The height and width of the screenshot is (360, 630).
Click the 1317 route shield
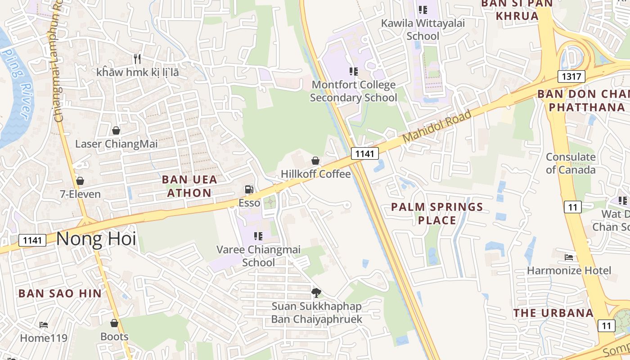point(571,76)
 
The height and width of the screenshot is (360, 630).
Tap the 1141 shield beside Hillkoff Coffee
point(364,154)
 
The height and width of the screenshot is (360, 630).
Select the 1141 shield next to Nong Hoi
point(32,240)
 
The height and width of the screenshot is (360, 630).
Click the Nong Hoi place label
point(96,238)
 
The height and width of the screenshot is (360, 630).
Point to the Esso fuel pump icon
point(249,190)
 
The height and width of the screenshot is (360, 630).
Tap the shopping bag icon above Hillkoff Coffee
point(315,161)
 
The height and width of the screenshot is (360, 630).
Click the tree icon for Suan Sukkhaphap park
point(316,293)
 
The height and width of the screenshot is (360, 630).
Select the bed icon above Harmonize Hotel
point(569,257)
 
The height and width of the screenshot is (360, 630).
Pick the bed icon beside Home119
point(44,324)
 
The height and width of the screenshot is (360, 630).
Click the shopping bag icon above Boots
point(114,324)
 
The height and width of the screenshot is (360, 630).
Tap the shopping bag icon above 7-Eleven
point(80,181)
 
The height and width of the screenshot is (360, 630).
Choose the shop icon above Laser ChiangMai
point(116,130)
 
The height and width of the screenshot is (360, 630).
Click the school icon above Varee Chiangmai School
point(258,236)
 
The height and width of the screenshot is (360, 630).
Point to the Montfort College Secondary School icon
point(354,71)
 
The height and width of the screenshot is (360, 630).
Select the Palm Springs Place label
point(437,213)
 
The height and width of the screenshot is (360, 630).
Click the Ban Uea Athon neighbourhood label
point(189,186)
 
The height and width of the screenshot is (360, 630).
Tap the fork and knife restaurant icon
point(137,58)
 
